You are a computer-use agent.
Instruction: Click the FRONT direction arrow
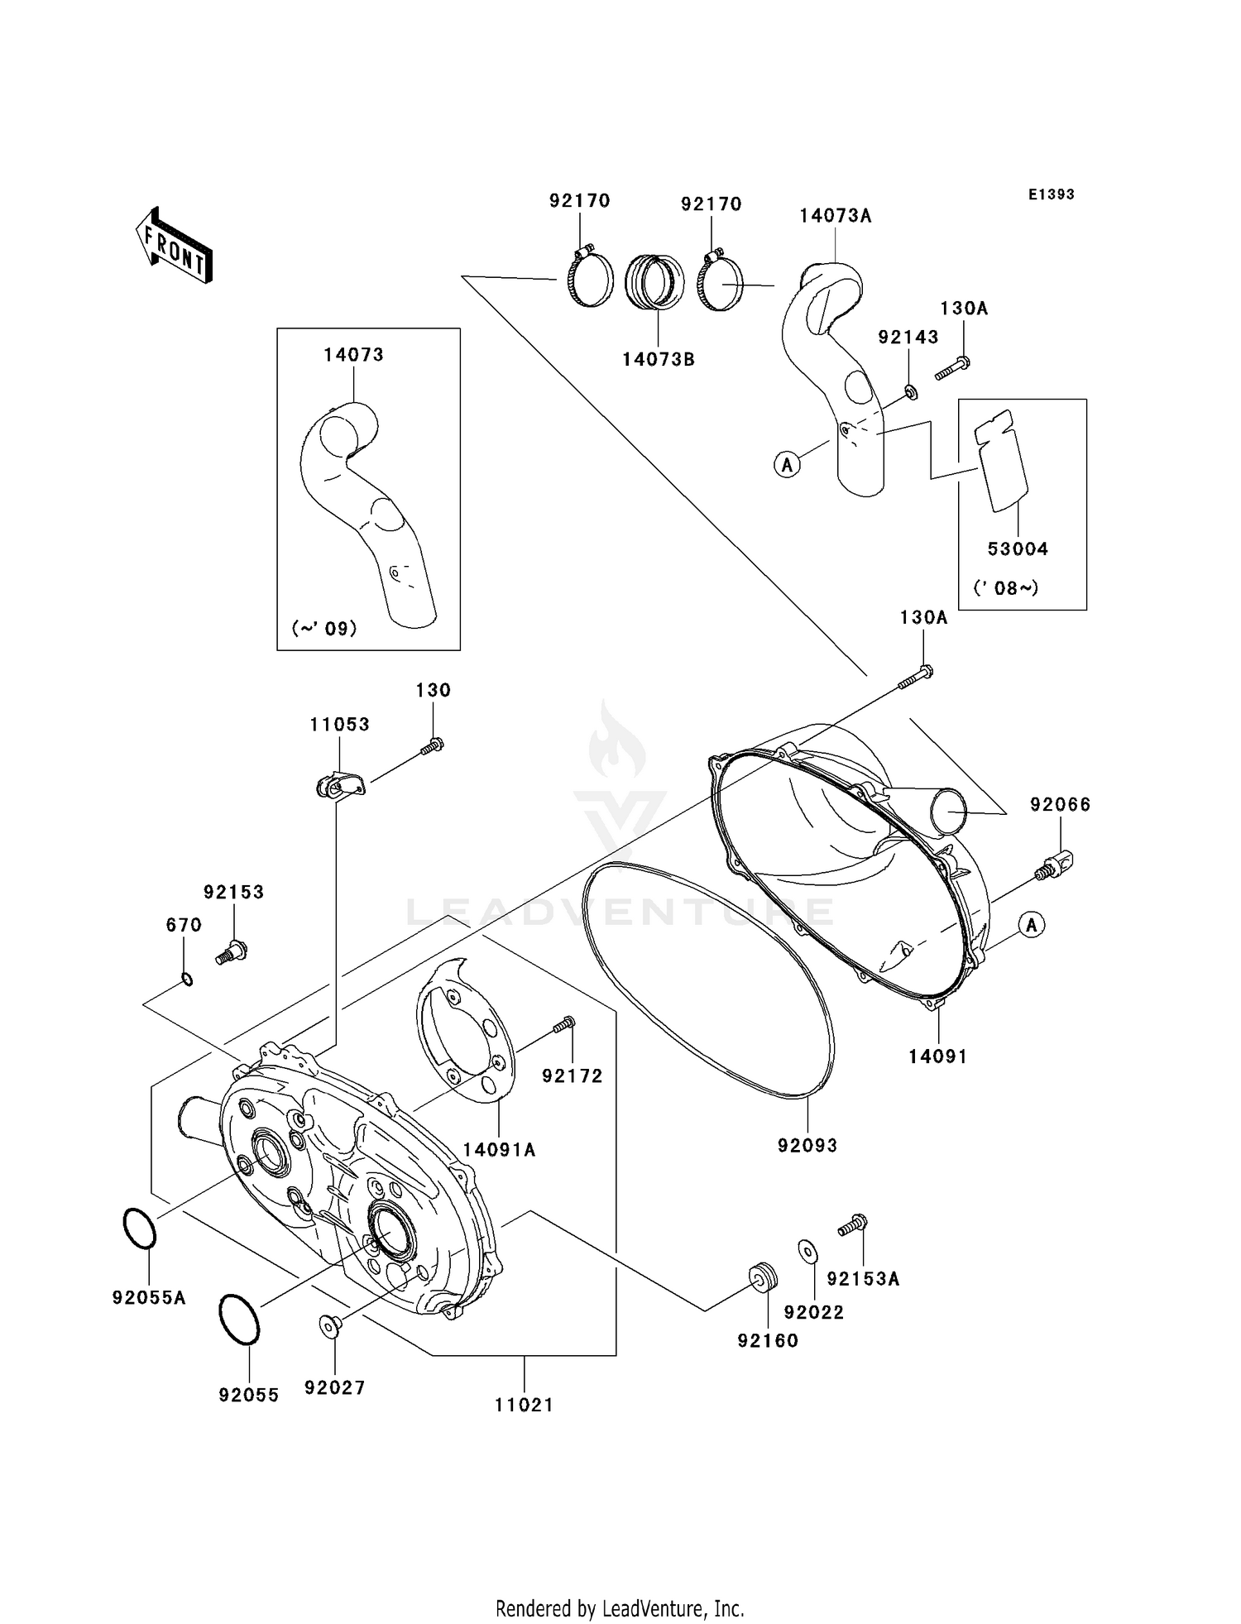174,246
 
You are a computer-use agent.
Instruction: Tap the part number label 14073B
658,360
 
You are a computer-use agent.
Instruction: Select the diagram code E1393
1051,194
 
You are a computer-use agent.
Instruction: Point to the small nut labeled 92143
909,391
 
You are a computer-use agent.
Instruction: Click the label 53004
1018,549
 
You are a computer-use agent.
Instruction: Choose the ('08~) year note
1005,588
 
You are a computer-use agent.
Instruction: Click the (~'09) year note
324,628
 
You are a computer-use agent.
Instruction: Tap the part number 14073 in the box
353,355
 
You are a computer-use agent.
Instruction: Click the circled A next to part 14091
1031,924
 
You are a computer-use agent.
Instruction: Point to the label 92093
807,1146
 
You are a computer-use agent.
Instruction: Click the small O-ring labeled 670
187,980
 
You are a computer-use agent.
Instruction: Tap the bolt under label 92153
232,951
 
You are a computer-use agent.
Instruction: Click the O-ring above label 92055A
139,1229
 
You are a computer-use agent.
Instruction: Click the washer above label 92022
808,1252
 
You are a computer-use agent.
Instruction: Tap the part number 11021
524,1405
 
